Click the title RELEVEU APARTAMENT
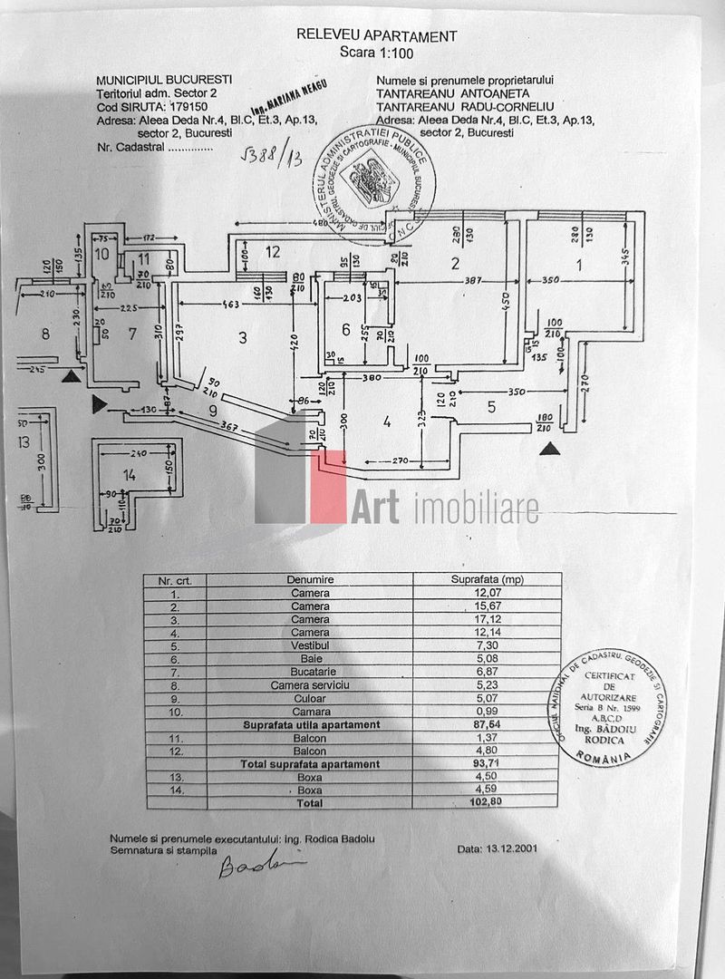377,36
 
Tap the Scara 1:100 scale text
376,53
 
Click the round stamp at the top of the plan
375,182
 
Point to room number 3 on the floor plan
242,338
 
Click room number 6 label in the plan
345,329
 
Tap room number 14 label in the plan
130,475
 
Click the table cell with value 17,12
487,618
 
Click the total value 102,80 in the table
487,802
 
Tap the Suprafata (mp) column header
487,579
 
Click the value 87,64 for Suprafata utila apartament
487,725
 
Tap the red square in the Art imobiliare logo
328,487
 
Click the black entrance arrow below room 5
546,448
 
